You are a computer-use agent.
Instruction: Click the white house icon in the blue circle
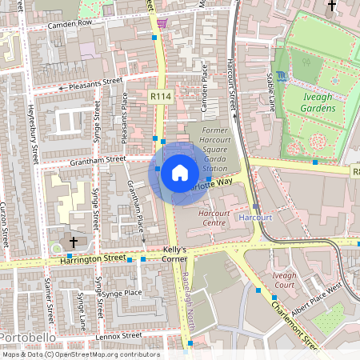tap(179, 172)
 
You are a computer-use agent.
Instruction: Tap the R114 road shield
tap(159, 95)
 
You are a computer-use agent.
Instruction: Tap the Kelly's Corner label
tap(170, 254)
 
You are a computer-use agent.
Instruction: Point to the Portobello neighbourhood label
tap(27, 338)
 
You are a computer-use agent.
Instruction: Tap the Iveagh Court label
tap(284, 279)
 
